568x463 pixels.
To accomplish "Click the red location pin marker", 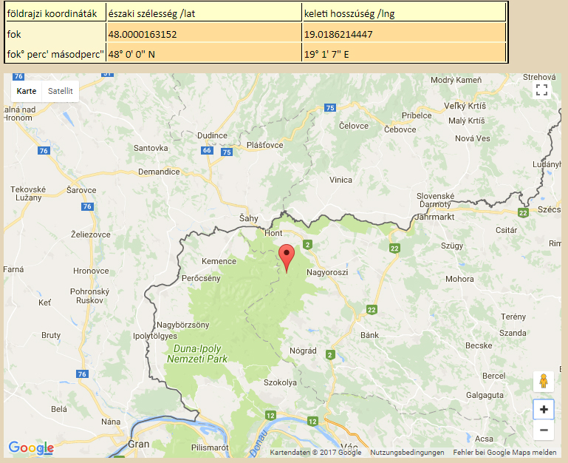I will [x=287, y=257].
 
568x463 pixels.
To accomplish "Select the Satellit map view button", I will [x=61, y=91].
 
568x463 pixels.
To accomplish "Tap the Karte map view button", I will [x=27, y=91].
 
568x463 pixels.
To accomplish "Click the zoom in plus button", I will [x=544, y=409].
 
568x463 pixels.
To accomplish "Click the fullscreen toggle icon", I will [x=541, y=90].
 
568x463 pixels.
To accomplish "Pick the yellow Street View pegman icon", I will [x=544, y=382].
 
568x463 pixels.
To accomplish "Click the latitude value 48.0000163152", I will [x=143, y=34].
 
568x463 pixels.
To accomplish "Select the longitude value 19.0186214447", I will [x=338, y=34].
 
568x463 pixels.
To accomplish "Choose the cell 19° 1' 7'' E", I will [x=326, y=54].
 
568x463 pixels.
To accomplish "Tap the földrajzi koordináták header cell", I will [x=52, y=13].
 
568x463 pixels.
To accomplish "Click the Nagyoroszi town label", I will [x=326, y=271].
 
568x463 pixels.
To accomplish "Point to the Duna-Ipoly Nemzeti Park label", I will [x=200, y=353].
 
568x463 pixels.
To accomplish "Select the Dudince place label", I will [x=212, y=135].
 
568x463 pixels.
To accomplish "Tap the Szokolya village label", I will [x=280, y=382].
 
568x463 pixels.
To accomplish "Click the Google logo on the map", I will [x=30, y=447].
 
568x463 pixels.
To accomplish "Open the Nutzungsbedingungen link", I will [x=407, y=453].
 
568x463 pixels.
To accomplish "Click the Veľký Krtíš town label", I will [x=463, y=106].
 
